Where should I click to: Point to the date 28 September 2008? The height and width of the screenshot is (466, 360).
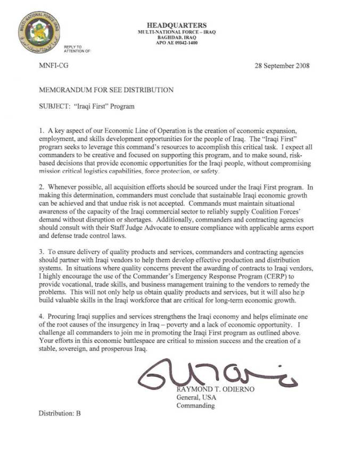(282, 67)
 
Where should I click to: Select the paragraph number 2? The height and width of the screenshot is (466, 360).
(42, 188)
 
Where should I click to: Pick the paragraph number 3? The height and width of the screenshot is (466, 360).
(42, 253)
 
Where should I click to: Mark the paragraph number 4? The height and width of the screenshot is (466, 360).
(42, 317)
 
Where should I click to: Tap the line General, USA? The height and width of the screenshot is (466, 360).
(197, 397)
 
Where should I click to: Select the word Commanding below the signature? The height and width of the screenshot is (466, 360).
(196, 405)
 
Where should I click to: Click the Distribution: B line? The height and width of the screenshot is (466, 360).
(59, 413)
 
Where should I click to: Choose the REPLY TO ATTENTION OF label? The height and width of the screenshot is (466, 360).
(74, 48)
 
